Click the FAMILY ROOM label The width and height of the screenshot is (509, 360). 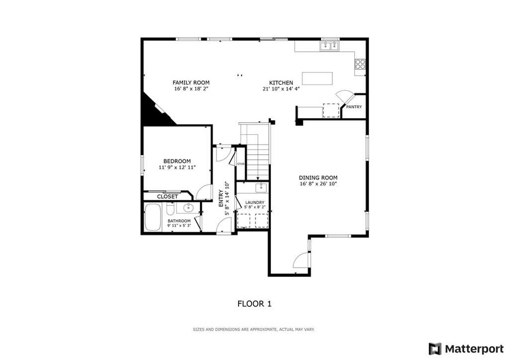pos(191,83)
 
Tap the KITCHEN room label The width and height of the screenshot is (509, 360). pos(281,83)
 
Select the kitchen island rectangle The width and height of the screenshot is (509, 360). pos(318,78)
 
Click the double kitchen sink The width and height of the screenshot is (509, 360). pos(330,46)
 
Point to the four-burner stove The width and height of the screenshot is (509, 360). pos(360,64)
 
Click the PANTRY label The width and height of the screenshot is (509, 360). pos(354,107)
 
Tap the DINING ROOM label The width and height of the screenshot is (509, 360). pos(318,178)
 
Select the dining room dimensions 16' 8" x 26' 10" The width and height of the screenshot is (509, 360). pos(318,184)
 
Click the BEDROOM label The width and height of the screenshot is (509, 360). pos(177,161)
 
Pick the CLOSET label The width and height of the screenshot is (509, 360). pos(168,197)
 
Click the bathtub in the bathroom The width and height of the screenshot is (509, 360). pos(153,217)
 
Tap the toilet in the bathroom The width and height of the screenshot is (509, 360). pos(171,209)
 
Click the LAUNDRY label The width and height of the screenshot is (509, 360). pos(255,202)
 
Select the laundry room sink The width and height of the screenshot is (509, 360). pos(261,187)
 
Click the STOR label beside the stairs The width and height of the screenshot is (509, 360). pos(241,164)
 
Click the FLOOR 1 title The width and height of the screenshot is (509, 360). pos(254,304)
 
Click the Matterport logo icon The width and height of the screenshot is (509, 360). pos(435,349)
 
